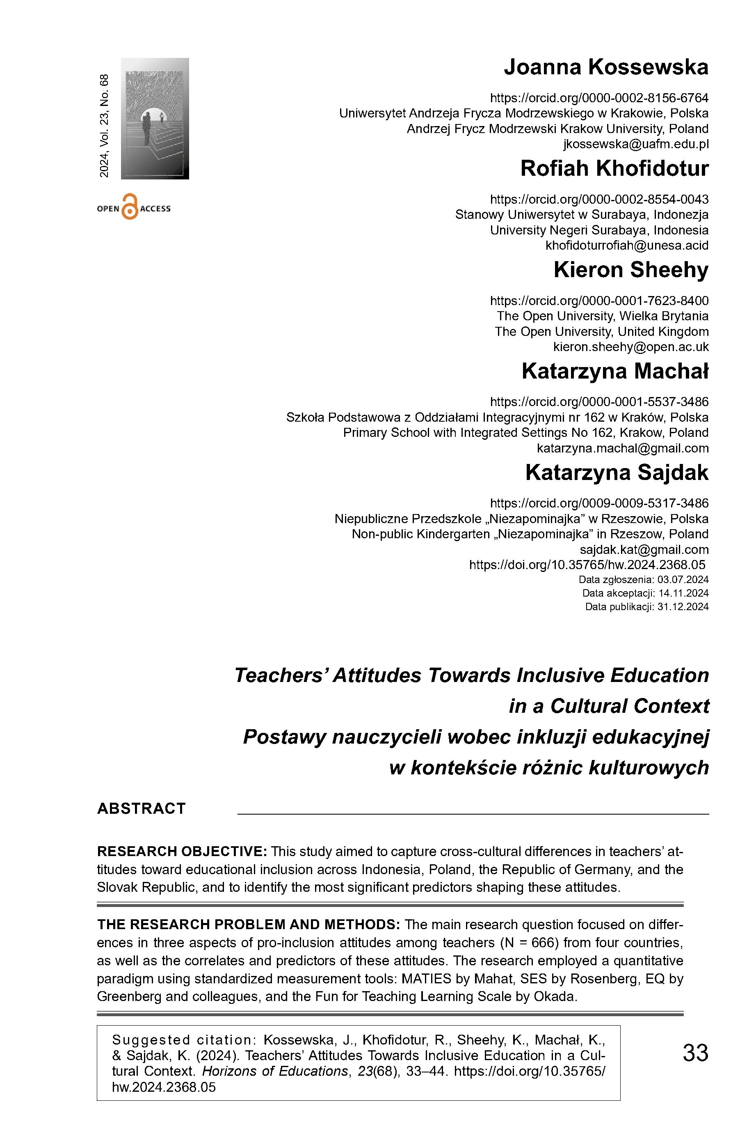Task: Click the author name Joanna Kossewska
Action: (x=605, y=68)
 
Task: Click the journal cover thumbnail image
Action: (x=155, y=119)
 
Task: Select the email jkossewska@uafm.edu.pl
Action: (x=635, y=144)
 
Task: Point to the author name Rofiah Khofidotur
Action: (x=614, y=169)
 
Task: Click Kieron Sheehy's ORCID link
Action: (x=599, y=301)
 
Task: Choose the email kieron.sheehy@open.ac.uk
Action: (x=630, y=347)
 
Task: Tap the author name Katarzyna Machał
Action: (x=615, y=371)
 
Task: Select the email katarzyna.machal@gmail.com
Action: (x=622, y=448)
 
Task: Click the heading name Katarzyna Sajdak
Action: (x=617, y=473)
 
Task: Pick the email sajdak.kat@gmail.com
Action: (x=644, y=550)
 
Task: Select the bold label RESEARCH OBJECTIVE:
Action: (x=182, y=852)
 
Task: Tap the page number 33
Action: (x=695, y=1053)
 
